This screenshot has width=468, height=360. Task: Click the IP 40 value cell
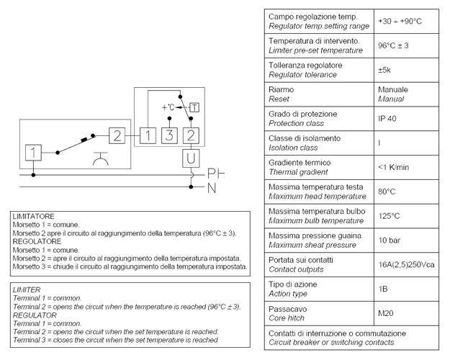pos(388,119)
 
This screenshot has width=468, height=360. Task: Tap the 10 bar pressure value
pos(390,240)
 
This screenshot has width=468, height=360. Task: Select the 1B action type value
pos(384,289)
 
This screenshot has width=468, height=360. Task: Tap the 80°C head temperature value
pos(387,192)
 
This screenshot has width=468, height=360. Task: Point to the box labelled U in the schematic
pos(191,158)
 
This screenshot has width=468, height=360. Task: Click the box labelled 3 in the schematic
pos(169,135)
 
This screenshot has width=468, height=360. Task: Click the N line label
pos(212,188)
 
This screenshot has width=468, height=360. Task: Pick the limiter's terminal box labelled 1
pos(34,153)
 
